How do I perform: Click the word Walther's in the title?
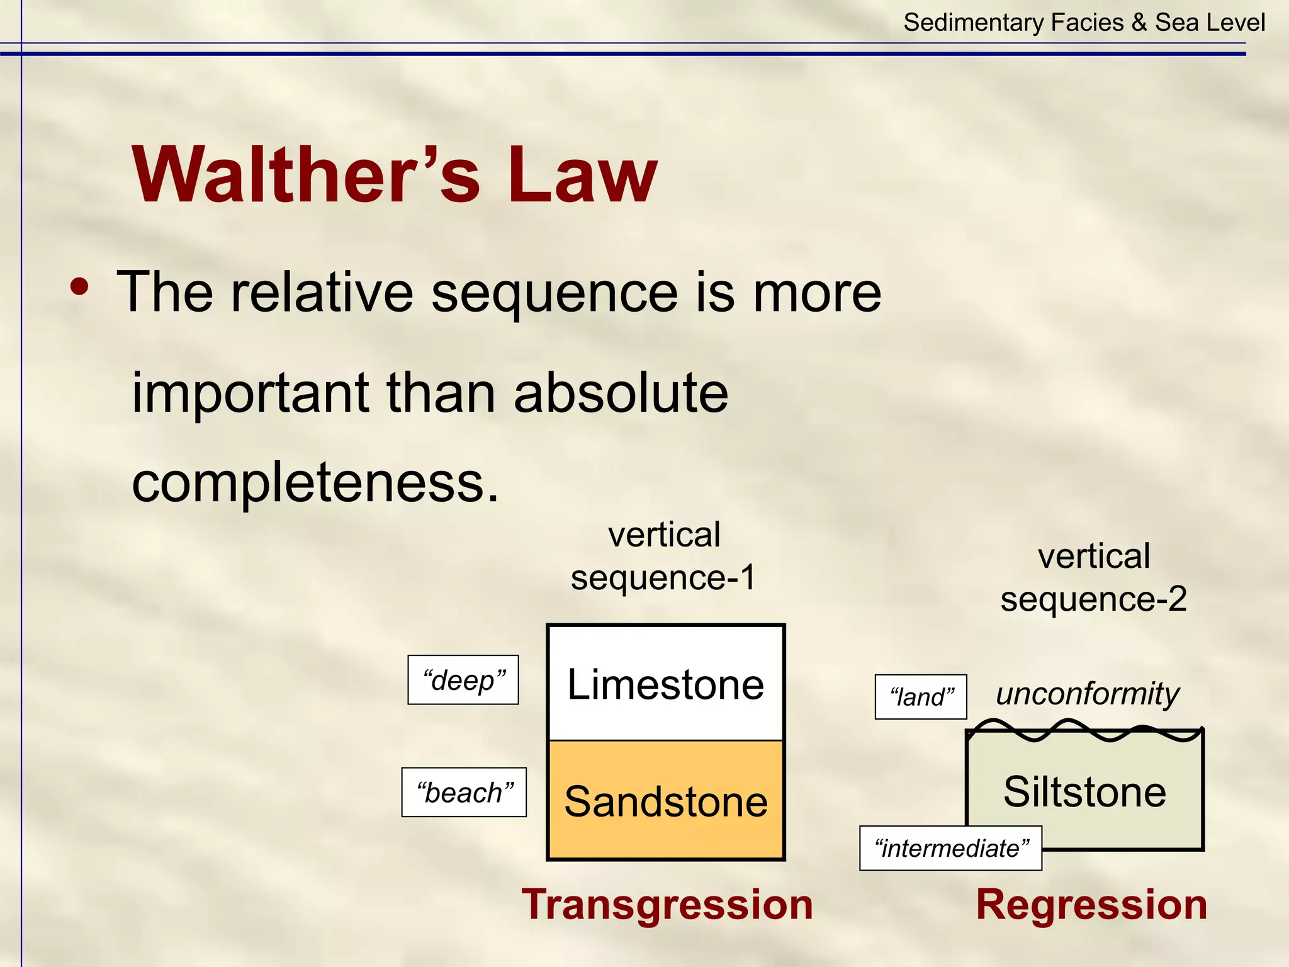[x=306, y=175]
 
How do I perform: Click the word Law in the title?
[x=582, y=175]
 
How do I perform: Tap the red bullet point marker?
[x=80, y=287]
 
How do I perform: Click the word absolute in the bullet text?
[x=621, y=393]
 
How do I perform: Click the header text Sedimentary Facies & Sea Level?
[x=1084, y=23]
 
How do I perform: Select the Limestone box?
[x=665, y=684]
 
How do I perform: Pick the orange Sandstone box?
[x=665, y=801]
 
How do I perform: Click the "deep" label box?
[x=463, y=680]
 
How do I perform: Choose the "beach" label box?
[x=464, y=792]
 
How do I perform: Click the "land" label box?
[x=921, y=697]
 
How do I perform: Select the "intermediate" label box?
[x=950, y=848]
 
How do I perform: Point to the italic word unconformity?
[x=1087, y=693]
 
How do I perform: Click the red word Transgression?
[x=667, y=905]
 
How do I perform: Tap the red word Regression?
[x=1091, y=905]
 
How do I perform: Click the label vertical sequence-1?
[x=663, y=557]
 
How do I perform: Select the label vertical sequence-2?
[x=1093, y=577]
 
